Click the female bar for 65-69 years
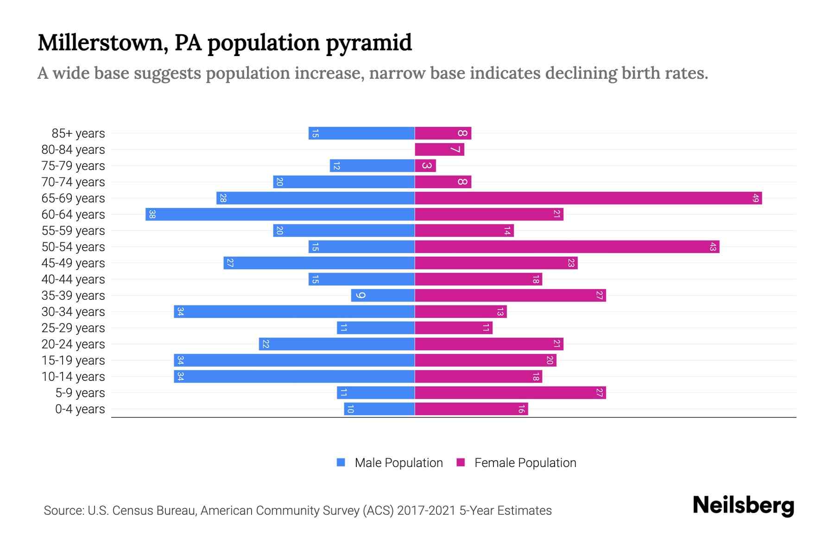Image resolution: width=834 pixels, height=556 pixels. tap(588, 198)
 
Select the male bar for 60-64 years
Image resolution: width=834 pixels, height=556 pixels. tap(280, 215)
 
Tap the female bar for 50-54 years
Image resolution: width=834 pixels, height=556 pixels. tap(567, 247)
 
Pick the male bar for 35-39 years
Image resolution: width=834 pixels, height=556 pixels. tap(383, 296)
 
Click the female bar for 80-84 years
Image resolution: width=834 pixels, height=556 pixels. tap(439, 150)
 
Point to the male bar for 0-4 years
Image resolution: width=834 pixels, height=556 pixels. tap(379, 409)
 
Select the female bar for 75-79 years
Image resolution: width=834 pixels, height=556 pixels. tap(425, 166)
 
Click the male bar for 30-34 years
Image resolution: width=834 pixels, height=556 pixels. tap(294, 312)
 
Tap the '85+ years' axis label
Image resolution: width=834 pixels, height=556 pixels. tap(78, 133)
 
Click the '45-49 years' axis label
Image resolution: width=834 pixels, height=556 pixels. tap(73, 263)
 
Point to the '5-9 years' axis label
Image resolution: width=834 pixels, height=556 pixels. tap(80, 393)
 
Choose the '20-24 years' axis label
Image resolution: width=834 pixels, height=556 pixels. tap(73, 344)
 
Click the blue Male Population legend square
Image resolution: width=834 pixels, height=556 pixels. tap(341, 462)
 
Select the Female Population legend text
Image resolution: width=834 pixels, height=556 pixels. tap(525, 463)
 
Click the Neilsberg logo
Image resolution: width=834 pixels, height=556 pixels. tap(743, 506)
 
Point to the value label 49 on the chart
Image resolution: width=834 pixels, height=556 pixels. tap(755, 198)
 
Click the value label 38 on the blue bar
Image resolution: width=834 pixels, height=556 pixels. tap(152, 215)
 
